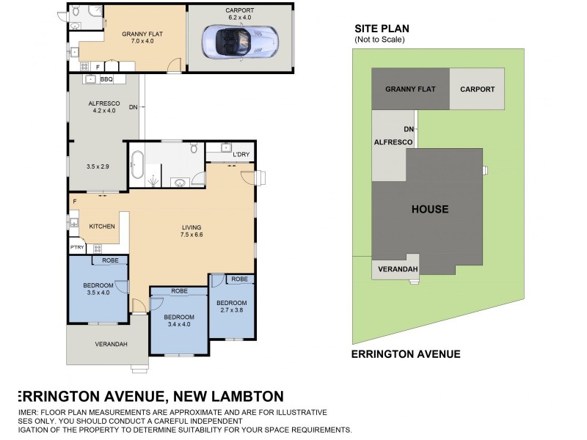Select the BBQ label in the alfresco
(x=106, y=79)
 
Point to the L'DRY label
(x=241, y=155)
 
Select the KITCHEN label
(x=102, y=227)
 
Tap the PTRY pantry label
(x=77, y=248)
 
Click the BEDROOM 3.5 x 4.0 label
(x=97, y=288)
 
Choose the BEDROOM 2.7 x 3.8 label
(x=231, y=307)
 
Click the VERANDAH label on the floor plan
(x=111, y=344)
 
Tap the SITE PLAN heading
(x=382, y=29)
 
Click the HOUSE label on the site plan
(x=429, y=209)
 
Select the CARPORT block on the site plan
(x=477, y=89)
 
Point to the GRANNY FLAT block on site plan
(x=411, y=89)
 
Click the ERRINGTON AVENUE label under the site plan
(x=406, y=354)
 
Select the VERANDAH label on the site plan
(x=397, y=269)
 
